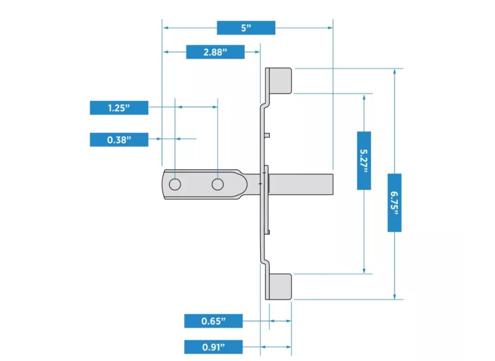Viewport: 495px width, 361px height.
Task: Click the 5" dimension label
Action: point(246,28)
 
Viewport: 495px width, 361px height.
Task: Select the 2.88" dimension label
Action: point(215,52)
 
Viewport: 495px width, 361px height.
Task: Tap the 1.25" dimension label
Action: point(119,108)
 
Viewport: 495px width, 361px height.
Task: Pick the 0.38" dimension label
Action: point(119,139)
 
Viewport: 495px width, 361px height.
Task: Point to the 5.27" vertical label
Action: point(364,160)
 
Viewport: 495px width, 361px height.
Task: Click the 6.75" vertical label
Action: point(394,202)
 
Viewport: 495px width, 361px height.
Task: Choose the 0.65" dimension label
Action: point(213,321)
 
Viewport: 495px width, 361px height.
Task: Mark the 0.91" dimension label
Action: point(213,347)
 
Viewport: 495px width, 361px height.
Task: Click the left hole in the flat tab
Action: point(175,185)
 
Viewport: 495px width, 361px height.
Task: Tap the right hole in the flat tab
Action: point(217,185)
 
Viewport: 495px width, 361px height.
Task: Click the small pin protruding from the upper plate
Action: point(268,135)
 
